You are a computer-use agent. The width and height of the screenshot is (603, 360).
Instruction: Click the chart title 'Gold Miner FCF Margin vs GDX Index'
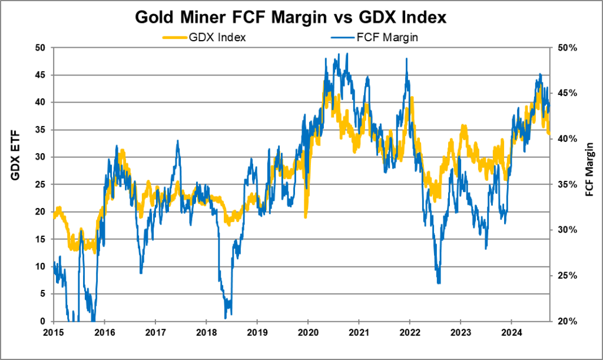[x=291, y=17]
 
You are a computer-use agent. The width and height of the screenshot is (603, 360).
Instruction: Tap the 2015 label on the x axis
[x=54, y=332]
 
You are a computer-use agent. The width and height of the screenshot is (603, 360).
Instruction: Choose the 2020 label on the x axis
[x=308, y=332]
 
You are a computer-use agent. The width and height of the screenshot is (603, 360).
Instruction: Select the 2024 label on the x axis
[x=511, y=332]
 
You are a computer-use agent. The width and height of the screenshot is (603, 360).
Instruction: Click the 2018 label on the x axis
[x=206, y=332]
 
